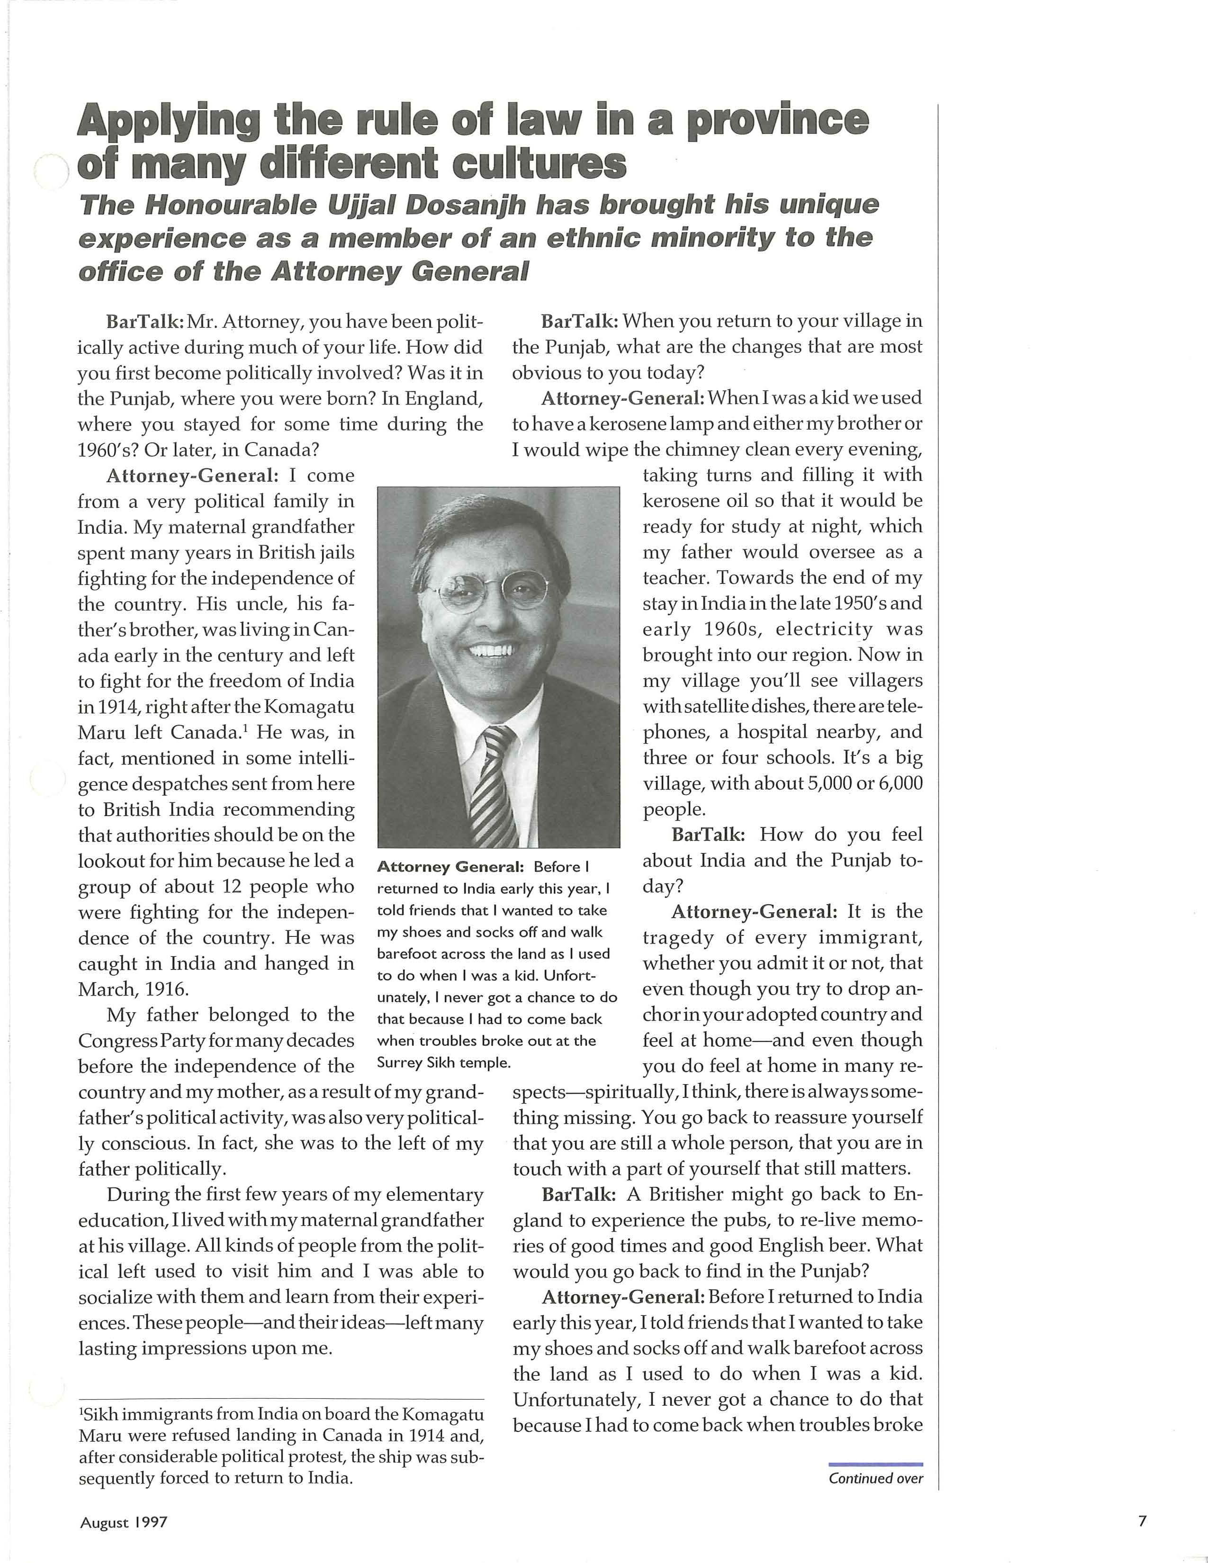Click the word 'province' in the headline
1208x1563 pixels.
coord(777,120)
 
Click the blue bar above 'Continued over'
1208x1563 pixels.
coord(875,1464)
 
